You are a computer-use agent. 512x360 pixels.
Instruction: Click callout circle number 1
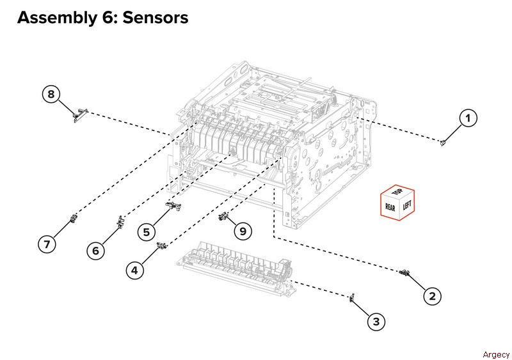469,118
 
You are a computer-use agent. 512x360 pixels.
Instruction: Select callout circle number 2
432,295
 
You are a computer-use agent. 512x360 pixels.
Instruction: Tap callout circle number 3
376,322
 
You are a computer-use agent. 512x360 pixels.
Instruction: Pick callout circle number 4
134,270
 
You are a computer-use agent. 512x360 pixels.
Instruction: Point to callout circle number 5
147,231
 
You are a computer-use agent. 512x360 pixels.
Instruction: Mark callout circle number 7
46,244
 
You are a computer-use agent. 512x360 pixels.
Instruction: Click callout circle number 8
52,95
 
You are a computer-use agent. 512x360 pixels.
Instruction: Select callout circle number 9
243,230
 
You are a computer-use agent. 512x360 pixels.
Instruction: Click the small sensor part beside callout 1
443,143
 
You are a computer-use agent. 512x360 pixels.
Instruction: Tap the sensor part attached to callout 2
403,273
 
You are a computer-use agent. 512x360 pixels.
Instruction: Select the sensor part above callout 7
74,221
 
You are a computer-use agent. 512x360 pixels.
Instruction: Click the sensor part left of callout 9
223,218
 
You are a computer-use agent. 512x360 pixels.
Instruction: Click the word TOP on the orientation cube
397,192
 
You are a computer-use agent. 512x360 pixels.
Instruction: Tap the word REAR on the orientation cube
390,207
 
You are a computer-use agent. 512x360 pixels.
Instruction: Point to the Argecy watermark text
496,354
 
